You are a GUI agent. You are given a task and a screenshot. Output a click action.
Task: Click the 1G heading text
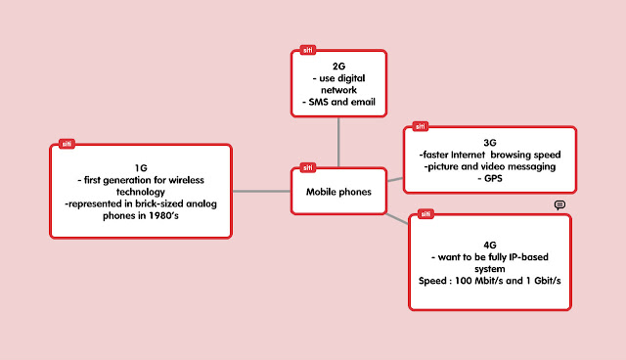[141, 168]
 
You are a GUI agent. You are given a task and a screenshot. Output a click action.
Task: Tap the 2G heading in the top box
[339, 67]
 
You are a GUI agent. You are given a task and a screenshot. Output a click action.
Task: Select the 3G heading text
[490, 143]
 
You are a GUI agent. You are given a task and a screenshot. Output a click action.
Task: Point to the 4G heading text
[490, 246]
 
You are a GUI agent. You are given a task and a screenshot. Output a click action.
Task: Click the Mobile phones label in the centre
[338, 192]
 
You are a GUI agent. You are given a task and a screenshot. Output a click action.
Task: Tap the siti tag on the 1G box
[67, 144]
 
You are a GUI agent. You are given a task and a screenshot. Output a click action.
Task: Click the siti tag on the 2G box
[308, 50]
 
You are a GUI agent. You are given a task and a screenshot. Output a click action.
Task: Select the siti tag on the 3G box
[421, 126]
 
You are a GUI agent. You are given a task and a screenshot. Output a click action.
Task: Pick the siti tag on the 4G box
[425, 214]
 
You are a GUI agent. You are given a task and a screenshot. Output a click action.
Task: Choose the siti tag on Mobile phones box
[308, 167]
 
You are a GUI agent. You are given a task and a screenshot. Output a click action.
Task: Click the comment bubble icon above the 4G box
[559, 205]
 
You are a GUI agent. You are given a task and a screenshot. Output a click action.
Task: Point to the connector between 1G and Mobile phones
[262, 191]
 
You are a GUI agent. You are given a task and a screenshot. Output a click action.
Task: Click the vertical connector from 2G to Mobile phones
[338, 142]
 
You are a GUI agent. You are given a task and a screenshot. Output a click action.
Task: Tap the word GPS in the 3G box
[493, 178]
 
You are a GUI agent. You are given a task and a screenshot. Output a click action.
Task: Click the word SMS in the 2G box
[318, 102]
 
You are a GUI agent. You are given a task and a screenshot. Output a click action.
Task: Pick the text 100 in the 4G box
[464, 281]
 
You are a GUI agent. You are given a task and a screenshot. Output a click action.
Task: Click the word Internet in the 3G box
[468, 155]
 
